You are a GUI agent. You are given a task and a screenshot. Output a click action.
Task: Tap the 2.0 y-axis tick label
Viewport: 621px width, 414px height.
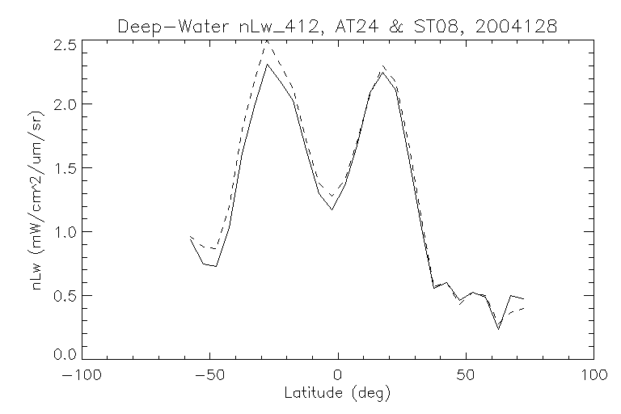(x=67, y=105)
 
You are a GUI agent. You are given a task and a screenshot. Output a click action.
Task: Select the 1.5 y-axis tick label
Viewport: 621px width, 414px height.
(x=67, y=169)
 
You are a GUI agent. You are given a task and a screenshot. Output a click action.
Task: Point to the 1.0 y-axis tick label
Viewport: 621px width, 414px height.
(x=67, y=232)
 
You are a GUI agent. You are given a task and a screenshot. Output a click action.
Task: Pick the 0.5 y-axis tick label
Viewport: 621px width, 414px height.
(x=67, y=295)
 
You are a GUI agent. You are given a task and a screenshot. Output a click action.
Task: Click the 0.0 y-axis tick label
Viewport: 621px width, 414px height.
(x=67, y=354)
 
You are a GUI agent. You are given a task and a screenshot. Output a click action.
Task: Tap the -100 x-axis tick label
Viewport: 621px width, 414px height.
(x=82, y=376)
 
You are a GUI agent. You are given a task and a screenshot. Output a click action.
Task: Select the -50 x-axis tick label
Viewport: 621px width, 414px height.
(x=210, y=376)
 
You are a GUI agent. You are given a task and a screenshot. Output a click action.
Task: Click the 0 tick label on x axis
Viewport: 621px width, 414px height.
(x=338, y=376)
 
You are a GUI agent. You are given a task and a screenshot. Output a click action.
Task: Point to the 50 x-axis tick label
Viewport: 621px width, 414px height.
(x=466, y=376)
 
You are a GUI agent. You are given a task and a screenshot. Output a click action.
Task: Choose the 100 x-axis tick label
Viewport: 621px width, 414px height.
(x=594, y=376)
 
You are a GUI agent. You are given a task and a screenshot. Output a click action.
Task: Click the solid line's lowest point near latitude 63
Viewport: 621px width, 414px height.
(x=499, y=328)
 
